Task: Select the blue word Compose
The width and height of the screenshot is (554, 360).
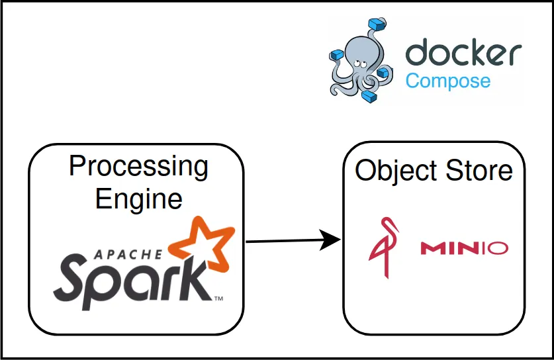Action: point(448,81)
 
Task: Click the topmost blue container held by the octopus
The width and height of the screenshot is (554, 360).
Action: point(378,26)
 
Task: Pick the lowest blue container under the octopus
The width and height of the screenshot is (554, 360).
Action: point(370,97)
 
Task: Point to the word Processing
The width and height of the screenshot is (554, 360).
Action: point(138,166)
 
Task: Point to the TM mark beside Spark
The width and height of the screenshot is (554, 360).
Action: point(218,300)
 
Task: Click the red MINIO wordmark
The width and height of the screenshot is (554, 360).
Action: point(464,248)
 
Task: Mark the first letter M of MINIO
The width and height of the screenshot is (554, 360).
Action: point(431,248)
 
